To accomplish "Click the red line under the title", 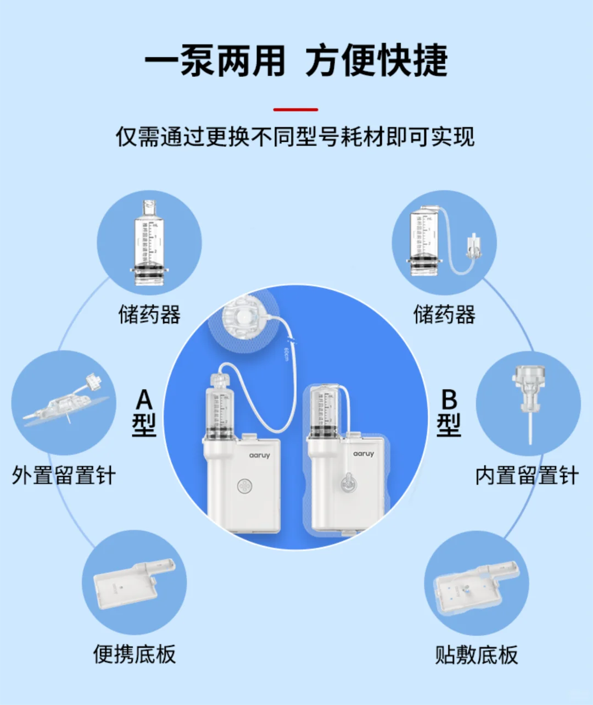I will click(x=295, y=110).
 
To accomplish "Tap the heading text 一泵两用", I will click(x=215, y=60).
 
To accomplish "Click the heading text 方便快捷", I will click(x=377, y=60).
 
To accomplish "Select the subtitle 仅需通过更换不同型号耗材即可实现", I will click(x=295, y=137).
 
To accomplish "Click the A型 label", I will click(x=144, y=413).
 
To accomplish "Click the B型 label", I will click(x=449, y=413).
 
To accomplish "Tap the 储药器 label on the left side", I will click(x=149, y=315).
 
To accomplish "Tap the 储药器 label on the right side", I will click(x=444, y=315).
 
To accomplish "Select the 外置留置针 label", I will click(x=64, y=475).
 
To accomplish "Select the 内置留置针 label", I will click(x=527, y=475).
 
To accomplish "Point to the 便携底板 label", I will click(x=135, y=654).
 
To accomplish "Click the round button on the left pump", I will click(x=244, y=486).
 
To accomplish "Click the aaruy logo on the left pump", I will click(x=259, y=456).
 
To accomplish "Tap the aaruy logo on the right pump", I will click(x=363, y=454).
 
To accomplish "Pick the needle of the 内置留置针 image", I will click(x=530, y=426).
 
